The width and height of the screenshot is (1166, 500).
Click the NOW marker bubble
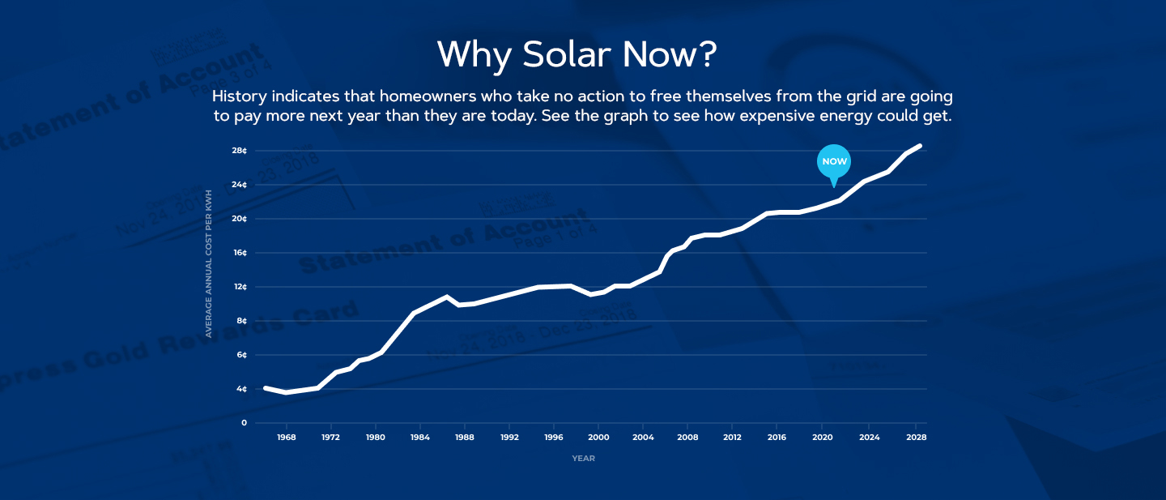pos(834,161)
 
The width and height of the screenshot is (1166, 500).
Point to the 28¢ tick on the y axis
pos(239,151)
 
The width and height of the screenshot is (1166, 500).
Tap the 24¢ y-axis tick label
pos(239,185)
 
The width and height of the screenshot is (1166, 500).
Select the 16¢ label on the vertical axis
pos(239,253)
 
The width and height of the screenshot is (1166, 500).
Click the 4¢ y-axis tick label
pos(240,389)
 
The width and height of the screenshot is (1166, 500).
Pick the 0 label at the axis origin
pos(244,423)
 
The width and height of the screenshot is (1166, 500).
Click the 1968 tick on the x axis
pos(286,438)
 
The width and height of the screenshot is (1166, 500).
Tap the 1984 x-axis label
pos(419,438)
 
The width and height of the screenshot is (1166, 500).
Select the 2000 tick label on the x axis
pos(598,438)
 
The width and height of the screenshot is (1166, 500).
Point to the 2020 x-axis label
pos(822,438)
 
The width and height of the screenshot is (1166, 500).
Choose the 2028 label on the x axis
pos(917,438)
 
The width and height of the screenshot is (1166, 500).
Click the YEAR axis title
pos(583,459)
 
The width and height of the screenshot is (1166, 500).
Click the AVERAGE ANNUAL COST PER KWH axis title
pos(209,263)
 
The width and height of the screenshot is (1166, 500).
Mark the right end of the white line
pos(921,146)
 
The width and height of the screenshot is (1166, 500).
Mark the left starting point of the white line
pos(266,388)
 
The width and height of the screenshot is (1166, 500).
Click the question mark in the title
pos(707,54)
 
